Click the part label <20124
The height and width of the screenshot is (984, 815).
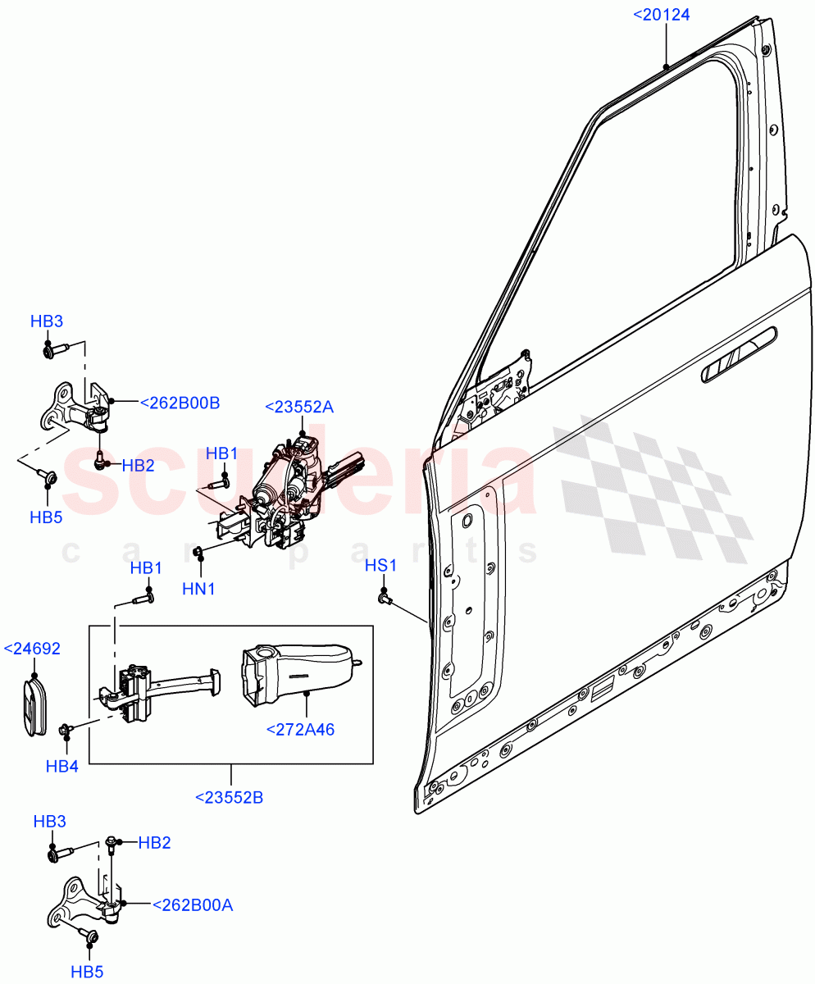662,14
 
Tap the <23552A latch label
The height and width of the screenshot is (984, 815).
299,407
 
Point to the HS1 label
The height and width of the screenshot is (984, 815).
381,566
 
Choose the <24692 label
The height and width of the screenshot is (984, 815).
33,649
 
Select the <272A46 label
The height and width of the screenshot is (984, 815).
300,729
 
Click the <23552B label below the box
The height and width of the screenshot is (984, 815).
229,796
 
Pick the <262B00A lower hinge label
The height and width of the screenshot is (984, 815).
193,905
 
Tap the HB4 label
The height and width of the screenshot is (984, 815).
63,766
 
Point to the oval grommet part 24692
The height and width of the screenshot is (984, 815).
34,705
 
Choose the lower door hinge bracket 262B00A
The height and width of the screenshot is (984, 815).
86,902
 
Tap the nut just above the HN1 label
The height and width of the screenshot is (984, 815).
198,551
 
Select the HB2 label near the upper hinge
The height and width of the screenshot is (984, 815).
139,466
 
